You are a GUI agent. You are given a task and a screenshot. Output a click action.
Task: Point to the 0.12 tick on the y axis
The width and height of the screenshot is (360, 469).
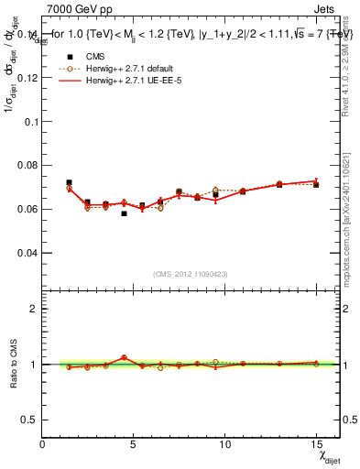[27, 78]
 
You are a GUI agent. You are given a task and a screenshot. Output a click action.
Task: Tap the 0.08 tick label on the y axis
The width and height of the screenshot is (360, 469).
[27, 166]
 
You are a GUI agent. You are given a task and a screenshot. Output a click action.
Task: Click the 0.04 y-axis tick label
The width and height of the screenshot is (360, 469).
[27, 252]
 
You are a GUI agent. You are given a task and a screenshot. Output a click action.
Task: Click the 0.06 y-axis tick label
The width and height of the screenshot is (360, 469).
[27, 209]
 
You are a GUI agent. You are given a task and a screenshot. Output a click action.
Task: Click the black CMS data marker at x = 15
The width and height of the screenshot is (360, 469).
[316, 185]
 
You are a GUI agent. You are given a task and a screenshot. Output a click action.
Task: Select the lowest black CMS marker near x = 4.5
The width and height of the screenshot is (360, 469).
[124, 213]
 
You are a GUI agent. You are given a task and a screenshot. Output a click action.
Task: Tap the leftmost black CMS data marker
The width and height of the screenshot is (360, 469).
[69, 182]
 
